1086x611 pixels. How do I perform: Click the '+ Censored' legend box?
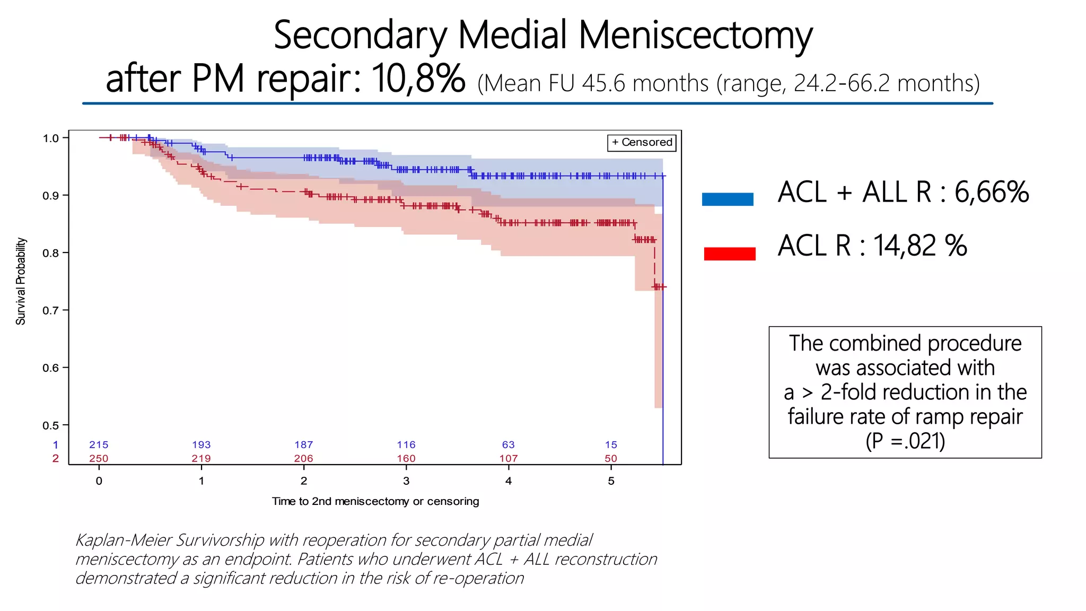pyautogui.click(x=642, y=143)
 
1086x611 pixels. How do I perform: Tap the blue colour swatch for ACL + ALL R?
pyautogui.click(x=728, y=199)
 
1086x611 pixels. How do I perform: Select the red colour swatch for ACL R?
pyautogui.click(x=729, y=254)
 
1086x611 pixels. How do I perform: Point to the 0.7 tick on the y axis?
pyautogui.click(x=65, y=310)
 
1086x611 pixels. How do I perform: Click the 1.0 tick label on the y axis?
pyautogui.click(x=51, y=138)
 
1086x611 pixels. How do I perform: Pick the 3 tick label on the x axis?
pyautogui.click(x=406, y=481)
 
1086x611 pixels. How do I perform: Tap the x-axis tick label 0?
pyautogui.click(x=99, y=481)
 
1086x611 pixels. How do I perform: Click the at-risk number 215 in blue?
pyautogui.click(x=99, y=445)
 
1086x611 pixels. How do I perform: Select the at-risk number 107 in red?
pyautogui.click(x=508, y=458)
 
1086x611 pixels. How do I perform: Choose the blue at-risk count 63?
pyautogui.click(x=508, y=445)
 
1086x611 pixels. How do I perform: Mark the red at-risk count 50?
pyautogui.click(x=611, y=458)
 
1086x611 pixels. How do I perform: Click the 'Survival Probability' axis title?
pyautogui.click(x=21, y=281)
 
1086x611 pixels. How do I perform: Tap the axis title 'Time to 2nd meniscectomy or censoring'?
pyautogui.click(x=375, y=501)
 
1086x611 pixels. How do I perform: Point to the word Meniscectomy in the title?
pyautogui.click(x=695, y=36)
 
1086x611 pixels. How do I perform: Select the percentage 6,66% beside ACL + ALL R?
pyautogui.click(x=992, y=192)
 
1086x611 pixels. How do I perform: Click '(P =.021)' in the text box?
pyautogui.click(x=905, y=441)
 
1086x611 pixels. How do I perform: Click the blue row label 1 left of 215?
pyautogui.click(x=56, y=445)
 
